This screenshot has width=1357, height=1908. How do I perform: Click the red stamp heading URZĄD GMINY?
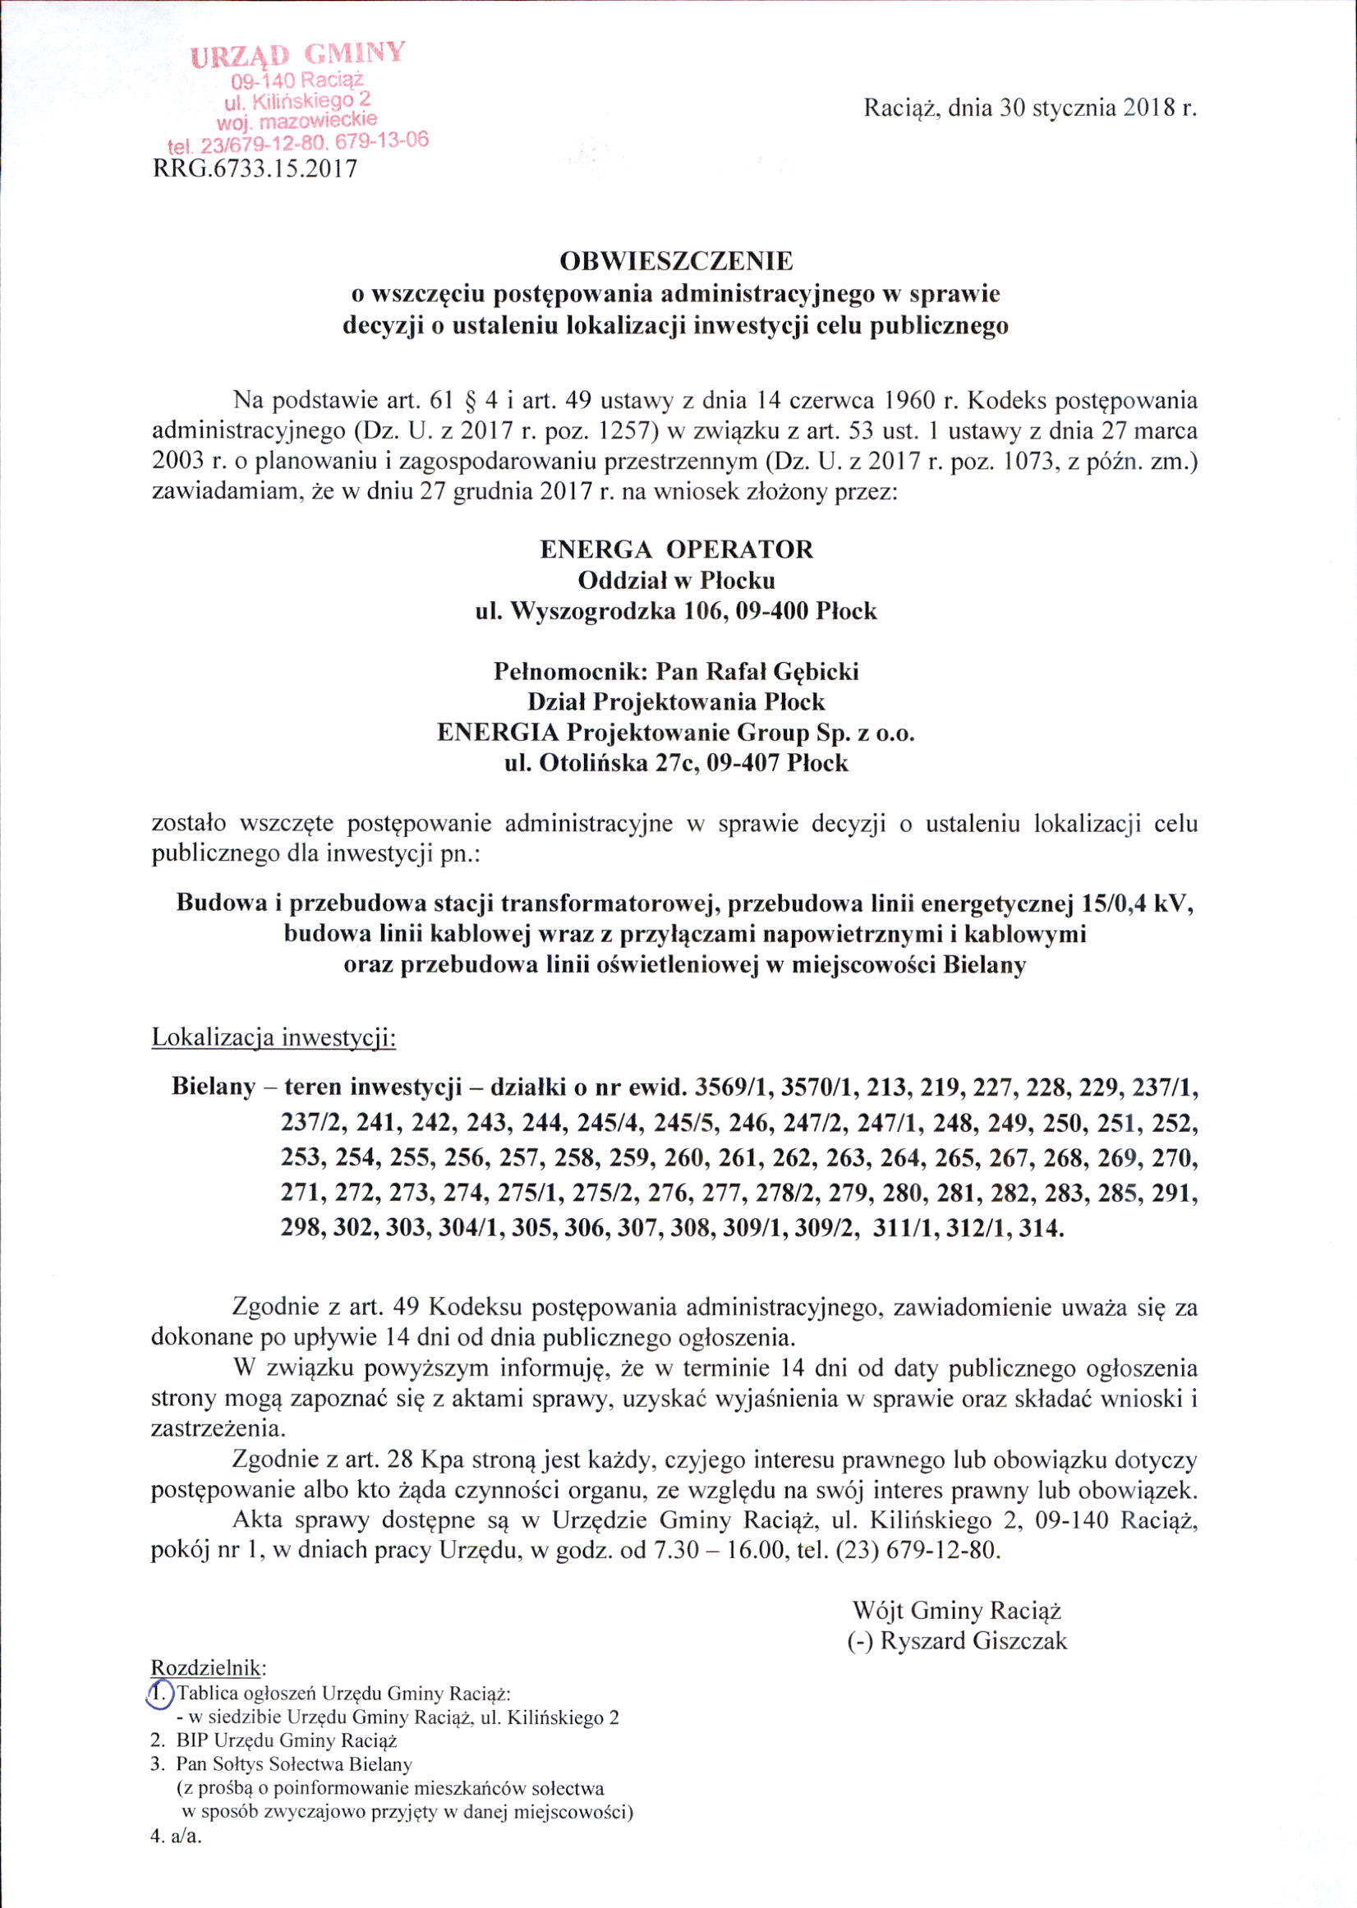pos(298,54)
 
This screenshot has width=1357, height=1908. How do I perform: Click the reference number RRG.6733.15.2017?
pos(254,169)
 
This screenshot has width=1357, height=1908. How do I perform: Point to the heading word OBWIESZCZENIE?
pos(676,262)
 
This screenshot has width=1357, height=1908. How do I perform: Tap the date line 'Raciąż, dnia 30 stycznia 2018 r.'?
pos(1030,108)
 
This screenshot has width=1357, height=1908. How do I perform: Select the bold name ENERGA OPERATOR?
pos(676,549)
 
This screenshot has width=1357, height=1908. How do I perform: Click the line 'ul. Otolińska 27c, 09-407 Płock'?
pos(676,763)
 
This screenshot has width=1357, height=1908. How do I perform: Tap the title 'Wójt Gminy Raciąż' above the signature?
pos(956,1610)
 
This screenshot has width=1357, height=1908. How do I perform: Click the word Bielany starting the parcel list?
pos(213,1087)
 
